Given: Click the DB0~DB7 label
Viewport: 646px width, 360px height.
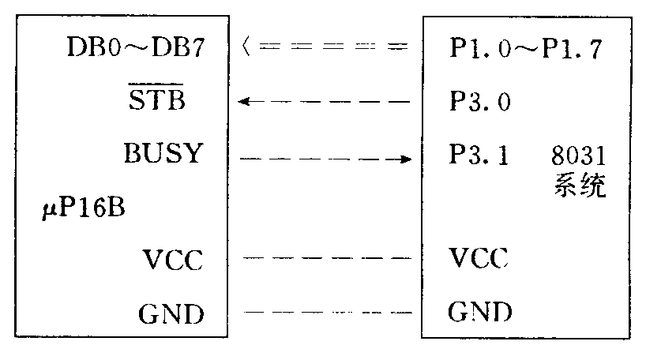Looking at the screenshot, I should (137, 51).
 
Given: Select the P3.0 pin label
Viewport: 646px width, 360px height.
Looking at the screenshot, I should (477, 103).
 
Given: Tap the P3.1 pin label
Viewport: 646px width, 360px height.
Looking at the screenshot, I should (477, 155).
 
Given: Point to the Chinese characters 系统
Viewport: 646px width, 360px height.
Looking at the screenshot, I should (578, 189).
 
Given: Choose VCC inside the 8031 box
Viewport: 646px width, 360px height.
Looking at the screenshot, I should (478, 258).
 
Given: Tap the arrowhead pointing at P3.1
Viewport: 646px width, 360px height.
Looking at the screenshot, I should (407, 159).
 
